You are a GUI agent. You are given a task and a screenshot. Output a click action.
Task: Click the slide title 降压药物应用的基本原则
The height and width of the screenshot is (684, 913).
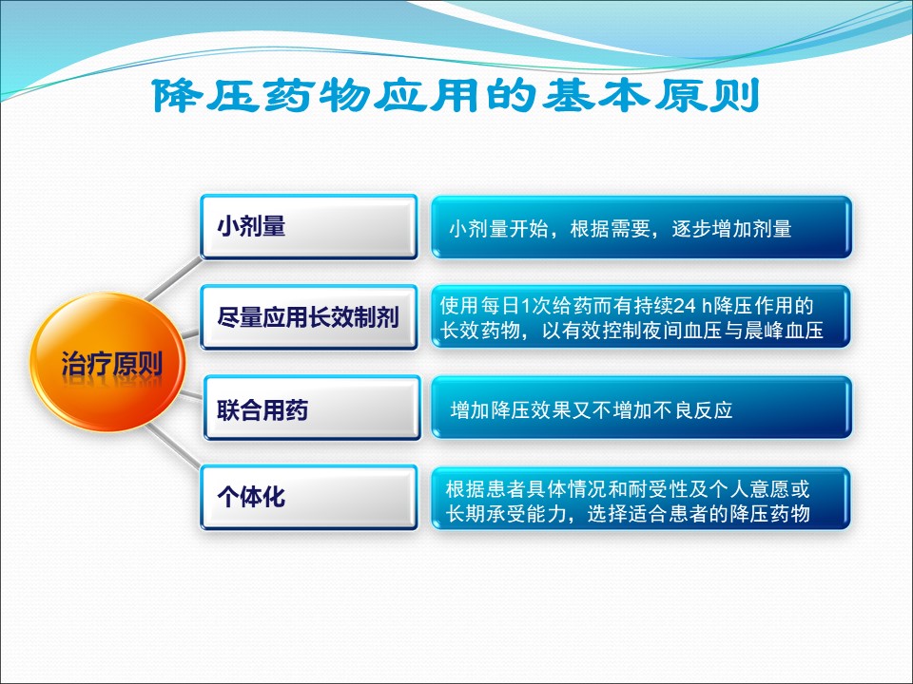point(456,95)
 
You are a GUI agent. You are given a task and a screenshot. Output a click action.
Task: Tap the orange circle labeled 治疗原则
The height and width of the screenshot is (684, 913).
point(108,362)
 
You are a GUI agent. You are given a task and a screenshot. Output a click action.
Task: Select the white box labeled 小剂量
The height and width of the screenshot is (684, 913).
point(308,227)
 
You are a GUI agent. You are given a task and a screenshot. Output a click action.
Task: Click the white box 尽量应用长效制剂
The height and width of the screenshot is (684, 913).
point(308,317)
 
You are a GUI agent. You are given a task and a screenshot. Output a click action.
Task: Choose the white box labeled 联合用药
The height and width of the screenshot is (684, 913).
point(312,408)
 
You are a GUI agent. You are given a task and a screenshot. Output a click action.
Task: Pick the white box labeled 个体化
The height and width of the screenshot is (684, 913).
point(308,497)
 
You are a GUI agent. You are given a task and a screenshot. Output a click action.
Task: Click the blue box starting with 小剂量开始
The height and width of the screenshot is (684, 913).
point(641,227)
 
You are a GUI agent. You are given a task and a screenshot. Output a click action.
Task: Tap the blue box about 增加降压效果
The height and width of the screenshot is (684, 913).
point(641,408)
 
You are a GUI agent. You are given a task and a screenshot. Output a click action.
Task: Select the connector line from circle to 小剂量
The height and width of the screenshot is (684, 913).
point(173,279)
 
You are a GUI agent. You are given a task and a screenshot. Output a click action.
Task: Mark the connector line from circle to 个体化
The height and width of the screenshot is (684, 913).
point(173,446)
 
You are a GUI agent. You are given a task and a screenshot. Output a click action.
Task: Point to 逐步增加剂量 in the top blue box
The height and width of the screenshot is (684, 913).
point(731,229)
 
